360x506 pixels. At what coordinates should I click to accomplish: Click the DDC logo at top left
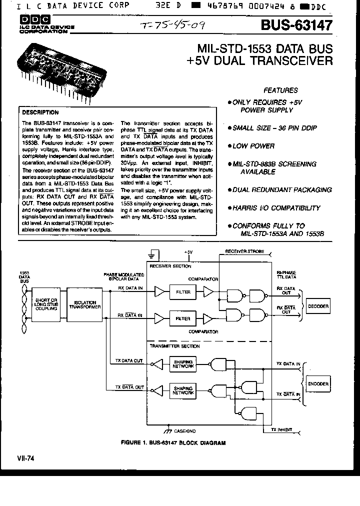31,21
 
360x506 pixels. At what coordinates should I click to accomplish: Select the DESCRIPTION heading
40,112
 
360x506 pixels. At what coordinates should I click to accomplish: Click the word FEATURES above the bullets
280,90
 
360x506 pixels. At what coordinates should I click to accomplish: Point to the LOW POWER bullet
253,146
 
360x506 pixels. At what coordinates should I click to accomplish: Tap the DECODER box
318,305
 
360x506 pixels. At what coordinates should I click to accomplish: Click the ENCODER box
318,384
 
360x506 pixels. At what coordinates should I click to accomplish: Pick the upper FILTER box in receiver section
182,291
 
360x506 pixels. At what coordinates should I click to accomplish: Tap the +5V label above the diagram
188,252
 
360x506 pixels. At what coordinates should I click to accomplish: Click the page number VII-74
24,457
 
